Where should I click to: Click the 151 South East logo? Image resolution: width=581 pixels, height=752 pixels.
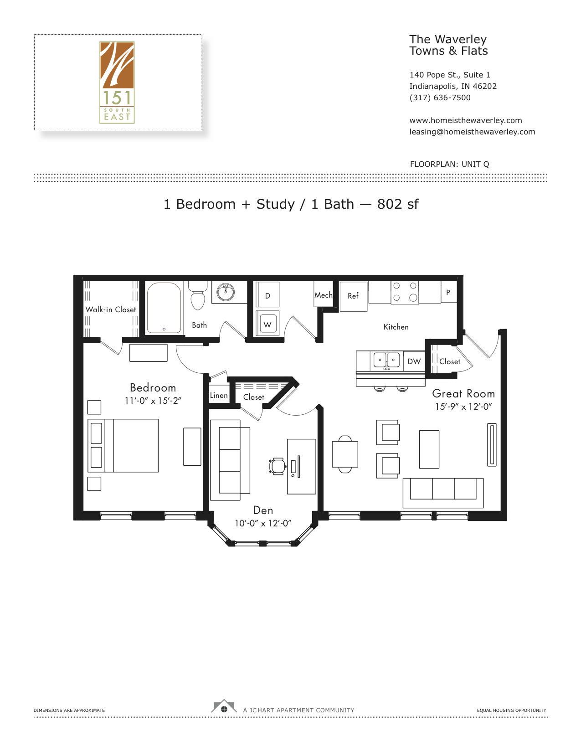(117, 82)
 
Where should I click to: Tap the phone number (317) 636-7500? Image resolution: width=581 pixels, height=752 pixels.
(440, 98)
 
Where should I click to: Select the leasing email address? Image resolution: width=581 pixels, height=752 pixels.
(472, 132)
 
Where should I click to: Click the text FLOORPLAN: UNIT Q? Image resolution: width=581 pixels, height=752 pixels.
(449, 164)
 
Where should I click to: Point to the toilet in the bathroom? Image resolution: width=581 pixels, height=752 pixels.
(198, 295)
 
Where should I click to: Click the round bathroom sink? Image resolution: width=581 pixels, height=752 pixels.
(226, 292)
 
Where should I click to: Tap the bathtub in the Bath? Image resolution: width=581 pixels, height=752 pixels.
(164, 308)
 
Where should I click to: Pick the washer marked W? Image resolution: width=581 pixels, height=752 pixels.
(267, 323)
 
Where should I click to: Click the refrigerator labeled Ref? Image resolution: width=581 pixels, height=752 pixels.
(353, 297)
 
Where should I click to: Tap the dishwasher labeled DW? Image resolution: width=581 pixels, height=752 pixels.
(414, 361)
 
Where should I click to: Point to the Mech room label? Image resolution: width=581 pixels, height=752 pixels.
(323, 295)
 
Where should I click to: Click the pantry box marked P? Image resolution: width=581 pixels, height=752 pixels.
(448, 292)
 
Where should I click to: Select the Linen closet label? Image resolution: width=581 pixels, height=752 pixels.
(219, 395)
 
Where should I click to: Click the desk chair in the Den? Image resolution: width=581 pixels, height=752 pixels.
(278, 466)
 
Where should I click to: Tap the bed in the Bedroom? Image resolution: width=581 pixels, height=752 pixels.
(123, 445)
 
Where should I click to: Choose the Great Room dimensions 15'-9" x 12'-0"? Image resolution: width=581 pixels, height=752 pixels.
(463, 407)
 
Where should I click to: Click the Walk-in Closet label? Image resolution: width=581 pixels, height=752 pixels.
(111, 309)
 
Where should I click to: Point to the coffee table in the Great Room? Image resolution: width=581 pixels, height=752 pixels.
(429, 449)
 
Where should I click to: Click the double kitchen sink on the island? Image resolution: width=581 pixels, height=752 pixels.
(386, 360)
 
